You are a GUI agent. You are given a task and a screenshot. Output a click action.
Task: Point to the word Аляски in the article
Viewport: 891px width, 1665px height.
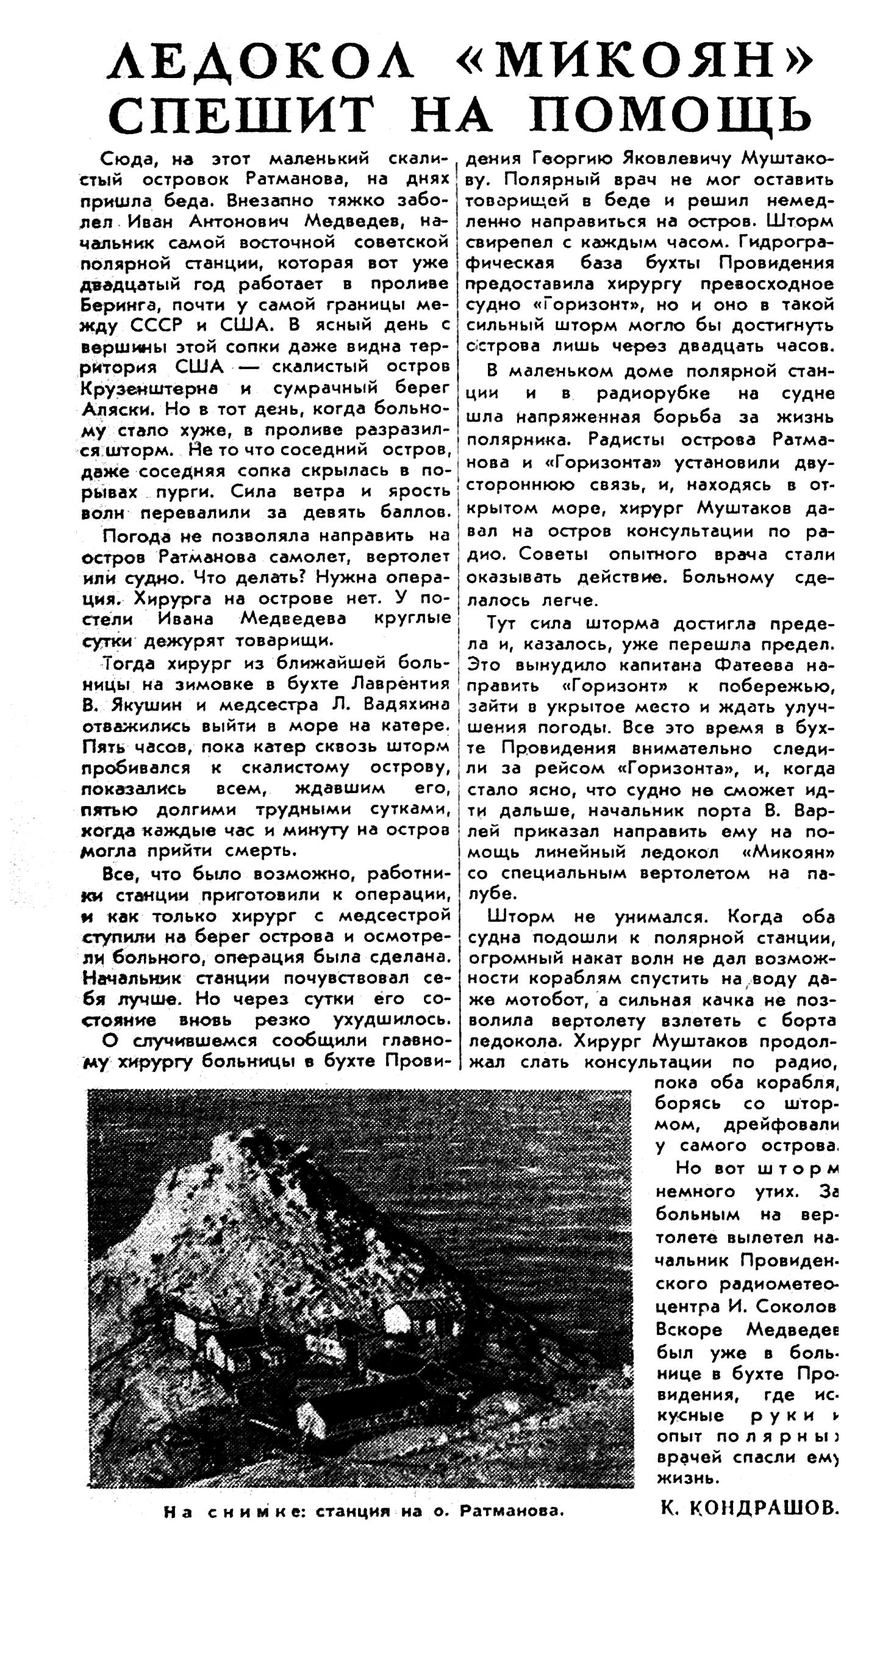click(x=116, y=409)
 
